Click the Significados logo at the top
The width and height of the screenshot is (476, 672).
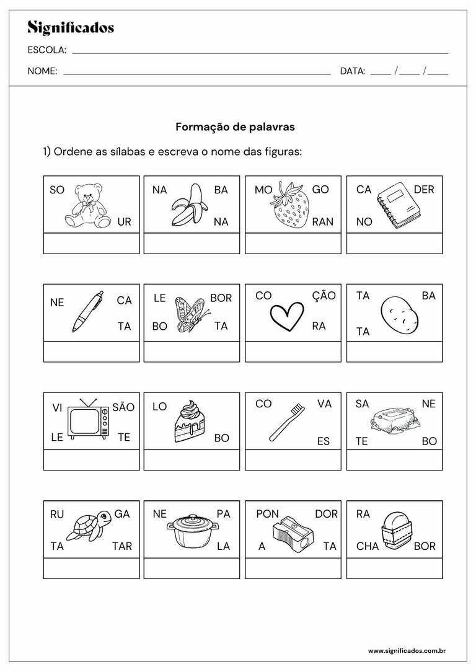71,27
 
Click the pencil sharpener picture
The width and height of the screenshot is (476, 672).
293,530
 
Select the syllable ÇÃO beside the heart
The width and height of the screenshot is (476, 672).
324,296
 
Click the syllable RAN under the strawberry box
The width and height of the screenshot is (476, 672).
322,222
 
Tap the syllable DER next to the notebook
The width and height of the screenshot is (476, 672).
424,190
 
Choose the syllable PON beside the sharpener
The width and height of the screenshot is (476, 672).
267,514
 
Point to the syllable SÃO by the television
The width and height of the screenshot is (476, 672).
123,407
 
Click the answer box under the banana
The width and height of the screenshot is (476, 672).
192,243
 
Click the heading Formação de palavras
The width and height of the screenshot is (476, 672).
235,127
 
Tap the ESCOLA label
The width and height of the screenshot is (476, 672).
46,50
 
